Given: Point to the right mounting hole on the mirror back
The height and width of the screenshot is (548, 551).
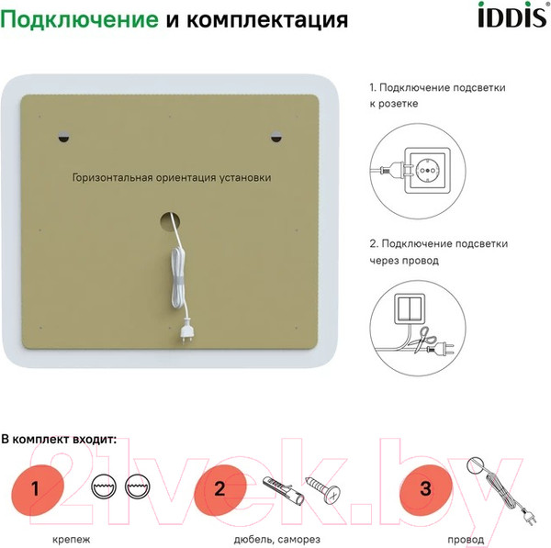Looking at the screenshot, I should [x=276, y=138].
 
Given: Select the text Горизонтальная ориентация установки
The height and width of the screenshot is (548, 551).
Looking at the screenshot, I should [x=171, y=179].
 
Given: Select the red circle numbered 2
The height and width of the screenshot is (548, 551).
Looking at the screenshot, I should [x=220, y=486].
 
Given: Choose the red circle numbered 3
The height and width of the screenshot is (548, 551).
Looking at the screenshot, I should [x=424, y=486].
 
